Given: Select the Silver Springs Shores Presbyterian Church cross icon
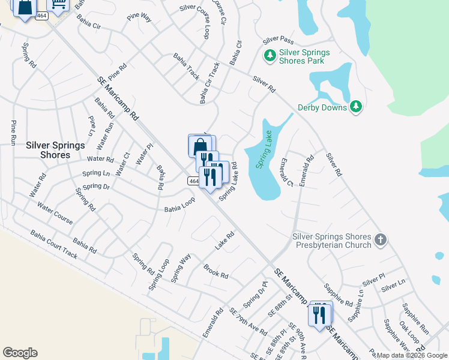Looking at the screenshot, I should click(380, 241).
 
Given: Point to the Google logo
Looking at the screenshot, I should click(20, 353).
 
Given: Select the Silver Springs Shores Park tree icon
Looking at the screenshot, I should click(270, 56).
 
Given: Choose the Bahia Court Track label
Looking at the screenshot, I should click(54, 245).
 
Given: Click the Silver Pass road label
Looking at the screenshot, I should click(278, 40).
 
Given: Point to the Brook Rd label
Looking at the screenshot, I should click(215, 271).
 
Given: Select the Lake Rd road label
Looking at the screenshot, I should click(224, 242).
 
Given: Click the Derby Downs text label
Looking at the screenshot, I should click(322, 108).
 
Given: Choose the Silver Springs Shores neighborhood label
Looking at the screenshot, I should click(48, 150).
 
